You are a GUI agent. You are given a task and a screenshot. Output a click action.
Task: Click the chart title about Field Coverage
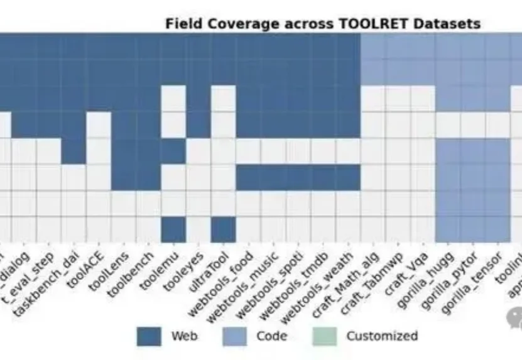click(x=322, y=24)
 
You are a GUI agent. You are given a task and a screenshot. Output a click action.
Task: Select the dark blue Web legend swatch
click(x=149, y=337)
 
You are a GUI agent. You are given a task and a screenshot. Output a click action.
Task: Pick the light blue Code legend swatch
click(x=234, y=337)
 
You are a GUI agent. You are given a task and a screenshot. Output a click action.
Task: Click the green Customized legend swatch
click(x=324, y=337)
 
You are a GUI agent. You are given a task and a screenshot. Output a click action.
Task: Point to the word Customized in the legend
click(x=381, y=336)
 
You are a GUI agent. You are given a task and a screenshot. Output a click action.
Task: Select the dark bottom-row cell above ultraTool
click(x=223, y=229)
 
